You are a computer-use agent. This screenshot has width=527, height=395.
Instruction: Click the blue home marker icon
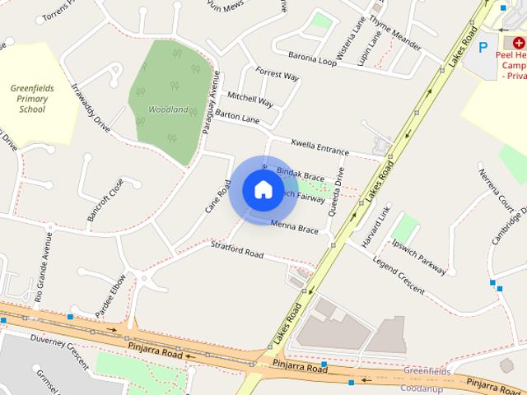(263, 190)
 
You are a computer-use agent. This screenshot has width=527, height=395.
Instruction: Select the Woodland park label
(168, 109)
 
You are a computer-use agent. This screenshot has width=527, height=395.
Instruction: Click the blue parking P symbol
(483, 47)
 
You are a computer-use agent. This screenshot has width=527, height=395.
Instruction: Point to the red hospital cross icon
(519, 40)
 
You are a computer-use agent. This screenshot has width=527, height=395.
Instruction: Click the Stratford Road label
(236, 249)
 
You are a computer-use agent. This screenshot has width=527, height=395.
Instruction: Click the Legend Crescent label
(399, 276)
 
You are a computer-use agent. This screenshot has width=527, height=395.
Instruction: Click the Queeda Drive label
(337, 191)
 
